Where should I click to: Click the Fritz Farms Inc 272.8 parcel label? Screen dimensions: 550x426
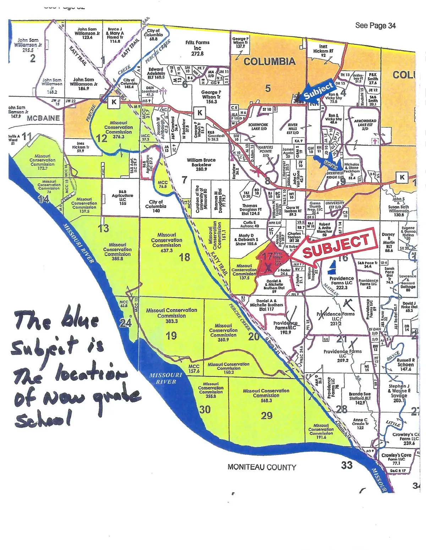(197, 48)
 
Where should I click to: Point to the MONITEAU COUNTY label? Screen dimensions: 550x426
(262, 467)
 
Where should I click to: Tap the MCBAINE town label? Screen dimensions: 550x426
(43, 118)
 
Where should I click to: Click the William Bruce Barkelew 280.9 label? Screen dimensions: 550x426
(201, 165)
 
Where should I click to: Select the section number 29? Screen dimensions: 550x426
(266, 415)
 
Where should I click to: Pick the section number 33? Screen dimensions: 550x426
(346, 465)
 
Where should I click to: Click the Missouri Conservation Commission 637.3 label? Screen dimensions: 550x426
(166, 242)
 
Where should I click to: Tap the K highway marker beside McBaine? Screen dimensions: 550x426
(114, 102)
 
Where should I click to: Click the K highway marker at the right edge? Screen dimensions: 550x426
(402, 177)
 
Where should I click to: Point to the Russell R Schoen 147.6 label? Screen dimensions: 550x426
(405, 364)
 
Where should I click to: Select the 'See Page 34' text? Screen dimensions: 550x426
(375, 26)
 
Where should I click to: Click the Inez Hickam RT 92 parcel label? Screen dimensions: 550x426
(323, 51)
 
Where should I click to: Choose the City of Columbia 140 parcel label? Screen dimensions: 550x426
(155, 206)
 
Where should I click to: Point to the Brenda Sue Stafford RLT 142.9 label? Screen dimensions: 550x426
(360, 398)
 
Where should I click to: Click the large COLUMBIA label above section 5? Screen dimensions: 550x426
(269, 62)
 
